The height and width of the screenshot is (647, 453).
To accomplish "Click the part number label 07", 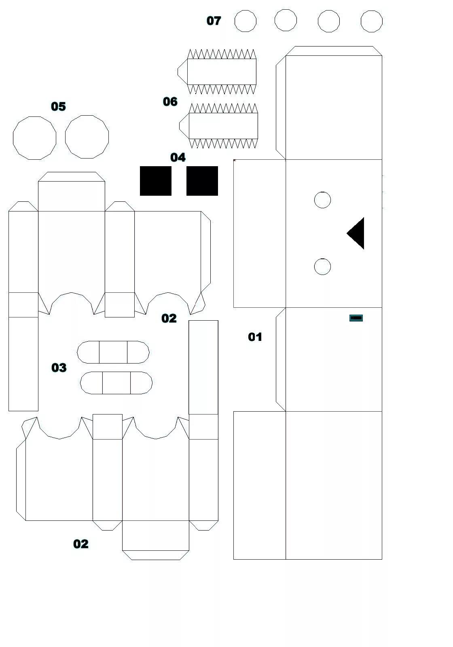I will (214, 21).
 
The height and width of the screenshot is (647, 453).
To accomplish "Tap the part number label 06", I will (170, 101).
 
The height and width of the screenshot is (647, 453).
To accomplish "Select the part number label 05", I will (58, 106).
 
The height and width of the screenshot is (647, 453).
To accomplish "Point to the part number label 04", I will (178, 157).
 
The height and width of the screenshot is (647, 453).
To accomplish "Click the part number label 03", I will (59, 368).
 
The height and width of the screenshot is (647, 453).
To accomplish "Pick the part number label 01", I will (255, 337).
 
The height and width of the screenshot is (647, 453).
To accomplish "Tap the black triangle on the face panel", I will (357, 233).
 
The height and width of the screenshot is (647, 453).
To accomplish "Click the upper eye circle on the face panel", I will (322, 200).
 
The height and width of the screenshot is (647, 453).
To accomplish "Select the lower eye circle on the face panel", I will (322, 266).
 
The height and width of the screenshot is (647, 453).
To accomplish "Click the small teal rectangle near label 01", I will (356, 318).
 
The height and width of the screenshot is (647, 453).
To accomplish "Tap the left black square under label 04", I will (156, 181).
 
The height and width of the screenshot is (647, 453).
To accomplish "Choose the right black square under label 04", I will (202, 181).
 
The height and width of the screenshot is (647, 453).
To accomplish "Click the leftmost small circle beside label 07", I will (246, 21).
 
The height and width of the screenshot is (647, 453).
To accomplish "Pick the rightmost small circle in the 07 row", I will (371, 21).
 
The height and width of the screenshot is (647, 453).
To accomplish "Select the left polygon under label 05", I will (35, 138).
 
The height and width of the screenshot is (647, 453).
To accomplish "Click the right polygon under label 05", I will (87, 137).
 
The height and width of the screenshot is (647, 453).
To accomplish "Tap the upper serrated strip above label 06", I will (221, 72).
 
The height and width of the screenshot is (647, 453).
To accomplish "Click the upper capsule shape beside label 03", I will (113, 352).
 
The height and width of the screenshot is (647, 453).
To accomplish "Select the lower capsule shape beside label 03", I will (116, 383).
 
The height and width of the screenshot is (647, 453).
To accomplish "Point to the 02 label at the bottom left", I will (81, 544).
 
